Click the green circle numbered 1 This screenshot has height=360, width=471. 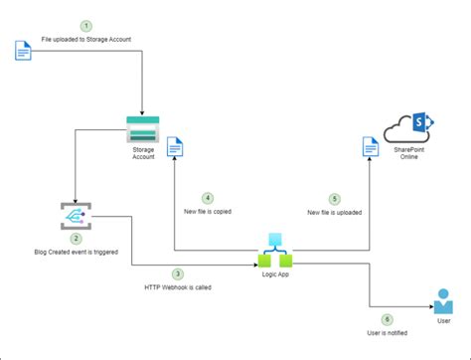click(85, 25)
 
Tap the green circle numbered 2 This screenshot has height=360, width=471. click(76, 239)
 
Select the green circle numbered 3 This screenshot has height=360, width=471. click(177, 273)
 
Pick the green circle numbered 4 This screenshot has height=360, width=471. click(207, 198)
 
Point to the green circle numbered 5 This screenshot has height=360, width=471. click(335, 198)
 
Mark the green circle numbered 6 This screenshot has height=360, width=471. click(387, 319)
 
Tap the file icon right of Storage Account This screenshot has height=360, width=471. click(174, 148)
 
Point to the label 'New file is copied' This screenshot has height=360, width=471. click(208, 212)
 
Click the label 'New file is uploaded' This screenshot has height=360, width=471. click(335, 212)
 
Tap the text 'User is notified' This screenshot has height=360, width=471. click(388, 333)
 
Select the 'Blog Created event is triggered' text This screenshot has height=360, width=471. click(76, 253)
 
